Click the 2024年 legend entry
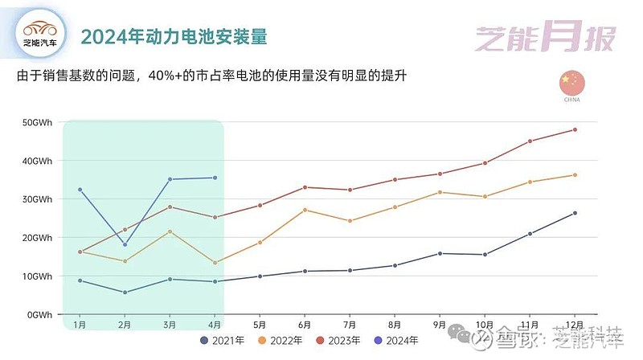[x=400, y=341]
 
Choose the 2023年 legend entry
[x=343, y=341]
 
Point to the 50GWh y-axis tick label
[x=37, y=122]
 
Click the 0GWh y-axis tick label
[x=39, y=314]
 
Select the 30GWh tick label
[x=37, y=199]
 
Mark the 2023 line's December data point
[x=575, y=129]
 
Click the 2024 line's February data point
[x=125, y=244]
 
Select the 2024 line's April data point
[x=215, y=178]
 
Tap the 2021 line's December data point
[x=575, y=213]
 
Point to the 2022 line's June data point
[x=305, y=210]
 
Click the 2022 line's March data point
[x=170, y=231]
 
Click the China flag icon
[x=571, y=82]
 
